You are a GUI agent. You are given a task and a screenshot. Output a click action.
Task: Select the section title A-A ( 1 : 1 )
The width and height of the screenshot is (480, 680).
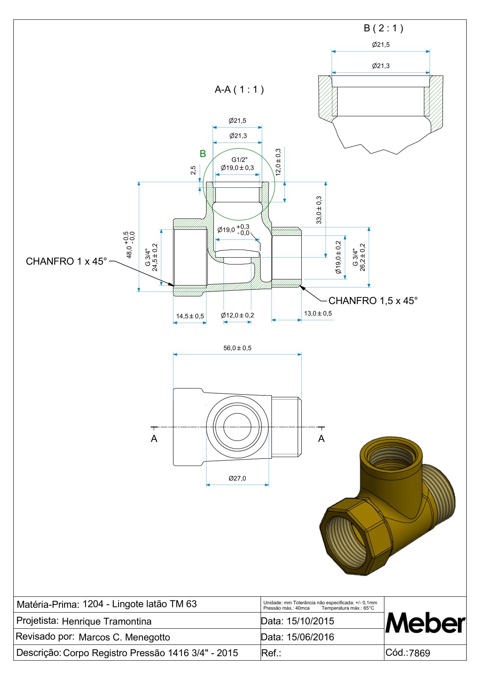239,90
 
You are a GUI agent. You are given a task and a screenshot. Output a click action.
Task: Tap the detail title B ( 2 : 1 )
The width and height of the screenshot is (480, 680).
383,28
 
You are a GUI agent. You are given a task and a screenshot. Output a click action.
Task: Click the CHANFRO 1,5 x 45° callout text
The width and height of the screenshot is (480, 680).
373,300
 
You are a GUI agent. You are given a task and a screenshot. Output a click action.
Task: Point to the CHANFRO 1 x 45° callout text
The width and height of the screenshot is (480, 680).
67,261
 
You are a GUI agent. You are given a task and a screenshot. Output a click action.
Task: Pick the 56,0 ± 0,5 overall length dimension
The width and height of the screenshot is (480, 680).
238,348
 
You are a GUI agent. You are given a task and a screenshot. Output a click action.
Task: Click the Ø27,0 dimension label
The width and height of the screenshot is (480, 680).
238,479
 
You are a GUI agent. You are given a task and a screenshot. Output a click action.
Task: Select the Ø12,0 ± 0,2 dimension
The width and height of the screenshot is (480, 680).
238,315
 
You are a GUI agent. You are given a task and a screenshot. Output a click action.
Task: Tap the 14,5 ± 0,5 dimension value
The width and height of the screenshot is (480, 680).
190,316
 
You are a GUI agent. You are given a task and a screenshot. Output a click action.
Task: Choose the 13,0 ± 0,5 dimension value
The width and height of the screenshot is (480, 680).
318,313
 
